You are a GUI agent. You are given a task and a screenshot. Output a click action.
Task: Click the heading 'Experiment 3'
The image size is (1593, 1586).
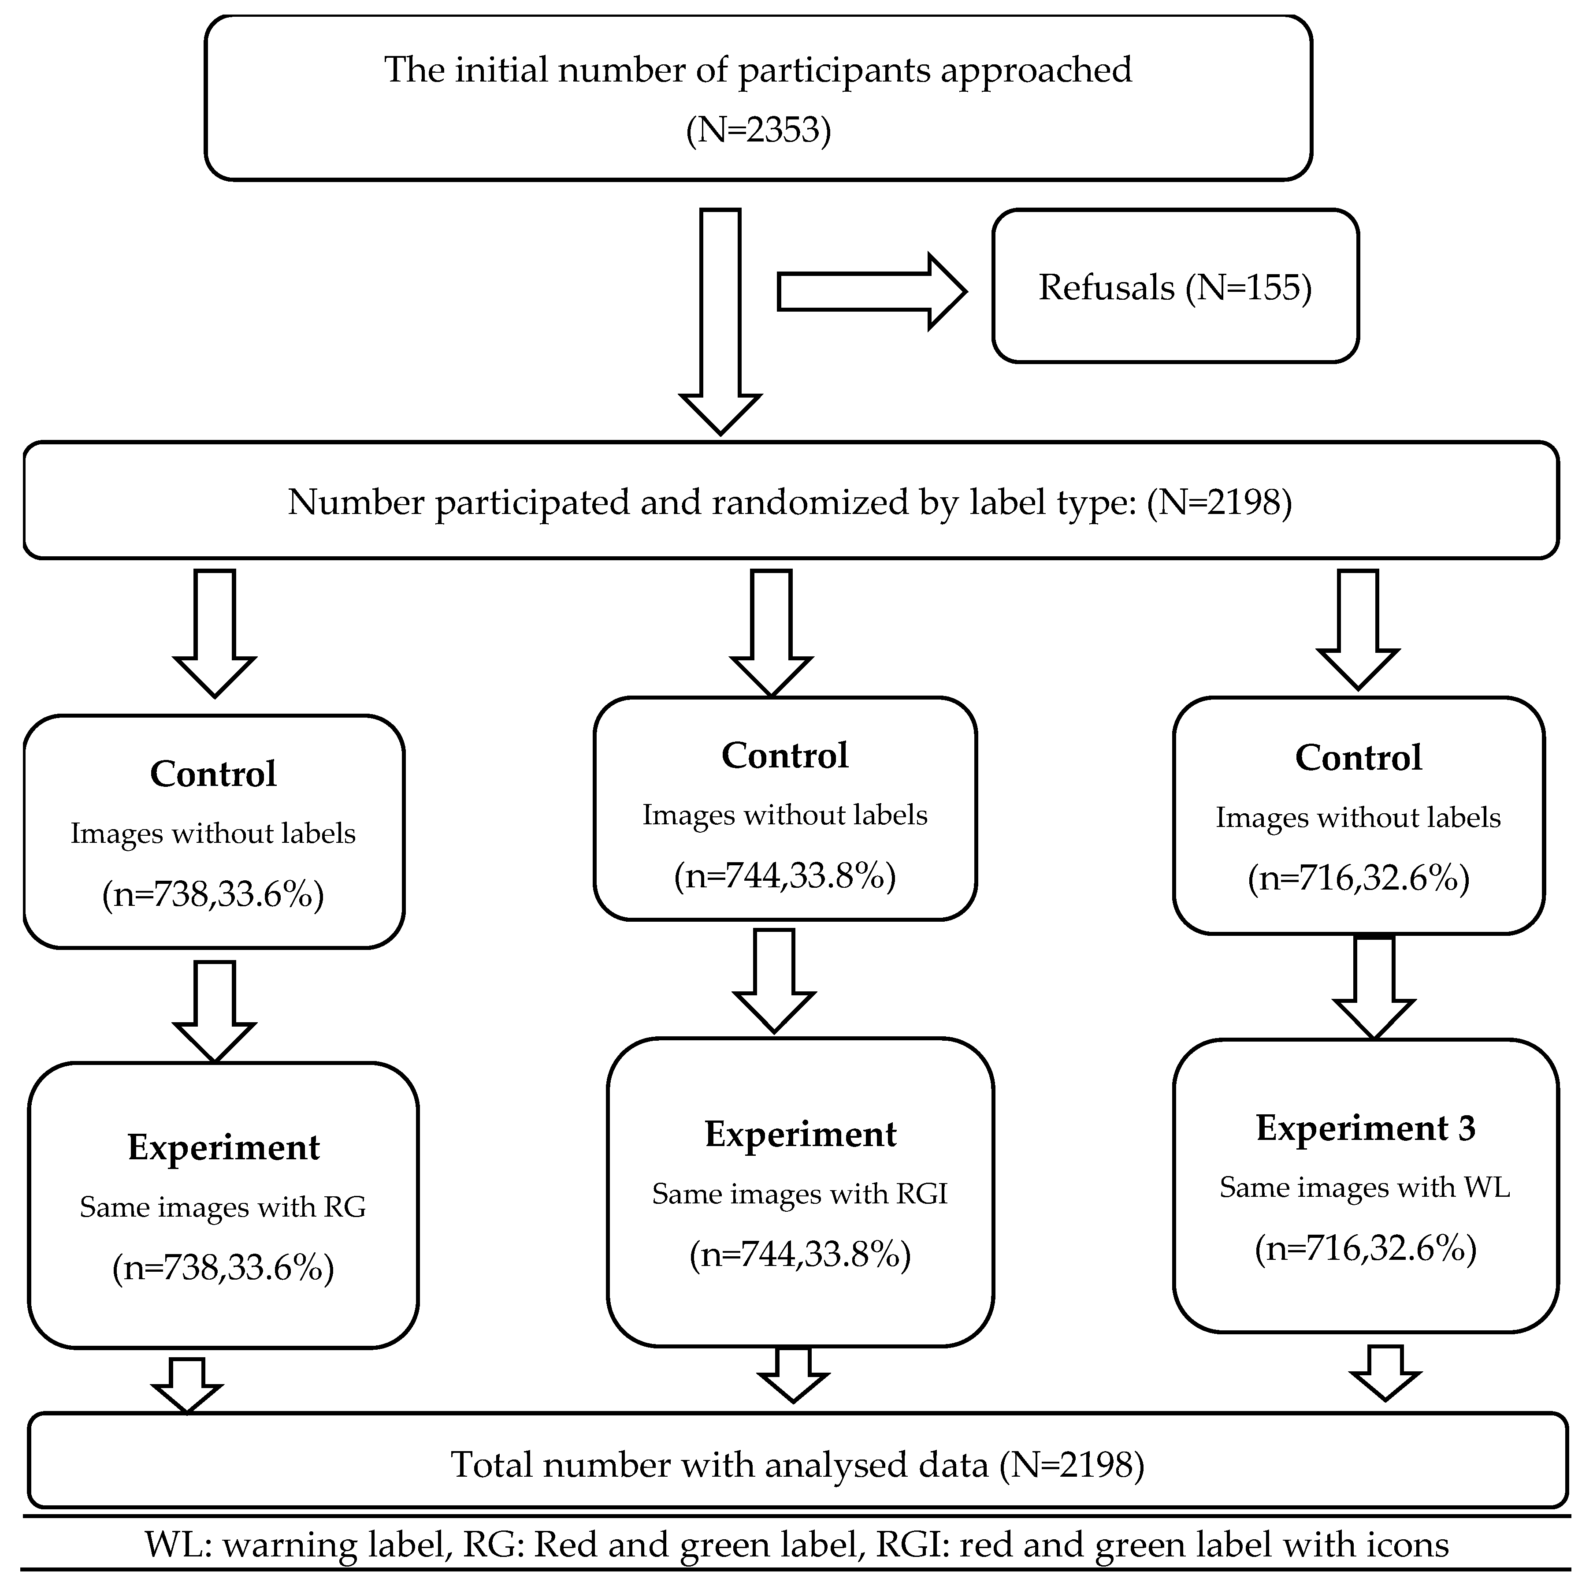click(x=1366, y=1128)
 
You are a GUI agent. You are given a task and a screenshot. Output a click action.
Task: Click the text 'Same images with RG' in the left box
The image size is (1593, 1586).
click(x=223, y=1206)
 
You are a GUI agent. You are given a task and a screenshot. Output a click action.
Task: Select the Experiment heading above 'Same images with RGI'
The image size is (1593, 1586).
click(x=800, y=1134)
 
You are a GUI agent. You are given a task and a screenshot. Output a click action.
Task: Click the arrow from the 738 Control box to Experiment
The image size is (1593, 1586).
click(x=214, y=1010)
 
